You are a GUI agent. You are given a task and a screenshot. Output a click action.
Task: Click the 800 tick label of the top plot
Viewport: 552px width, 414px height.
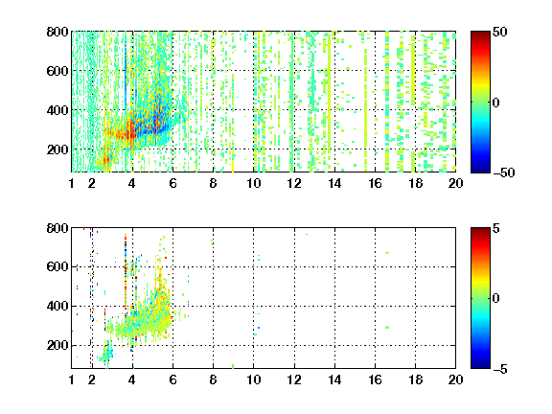point(57,32)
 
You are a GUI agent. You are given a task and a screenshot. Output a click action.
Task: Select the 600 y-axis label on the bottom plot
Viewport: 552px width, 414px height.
point(57,266)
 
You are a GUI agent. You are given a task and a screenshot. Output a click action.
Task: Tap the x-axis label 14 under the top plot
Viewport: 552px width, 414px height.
point(334,183)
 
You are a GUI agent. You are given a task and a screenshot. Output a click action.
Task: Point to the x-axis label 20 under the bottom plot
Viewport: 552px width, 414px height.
point(455,379)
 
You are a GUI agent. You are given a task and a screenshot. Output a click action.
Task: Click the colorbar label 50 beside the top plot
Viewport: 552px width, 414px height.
point(499,32)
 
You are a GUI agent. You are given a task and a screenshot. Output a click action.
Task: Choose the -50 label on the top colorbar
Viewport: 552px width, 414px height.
point(503,172)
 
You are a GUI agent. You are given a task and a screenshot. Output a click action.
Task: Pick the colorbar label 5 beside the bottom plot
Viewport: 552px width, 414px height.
point(496,228)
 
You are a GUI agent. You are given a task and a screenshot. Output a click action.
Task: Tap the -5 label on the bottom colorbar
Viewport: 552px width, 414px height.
point(500,369)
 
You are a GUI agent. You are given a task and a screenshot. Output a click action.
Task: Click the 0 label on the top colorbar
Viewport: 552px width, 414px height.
point(496,103)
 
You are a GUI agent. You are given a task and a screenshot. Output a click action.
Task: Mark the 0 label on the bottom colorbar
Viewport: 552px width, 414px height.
point(496,299)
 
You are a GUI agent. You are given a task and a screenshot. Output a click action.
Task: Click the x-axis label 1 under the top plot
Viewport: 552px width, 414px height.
point(72,183)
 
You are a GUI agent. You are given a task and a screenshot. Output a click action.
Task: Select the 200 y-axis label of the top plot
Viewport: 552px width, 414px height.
point(57,149)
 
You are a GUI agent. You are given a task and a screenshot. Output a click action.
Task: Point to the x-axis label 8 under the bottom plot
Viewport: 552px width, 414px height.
point(213,379)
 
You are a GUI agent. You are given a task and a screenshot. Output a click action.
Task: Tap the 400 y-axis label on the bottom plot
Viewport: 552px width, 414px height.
point(57,306)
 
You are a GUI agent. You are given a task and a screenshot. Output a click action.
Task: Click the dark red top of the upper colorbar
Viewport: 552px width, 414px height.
point(480,34)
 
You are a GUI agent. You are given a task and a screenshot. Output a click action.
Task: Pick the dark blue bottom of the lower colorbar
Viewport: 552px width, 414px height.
point(480,366)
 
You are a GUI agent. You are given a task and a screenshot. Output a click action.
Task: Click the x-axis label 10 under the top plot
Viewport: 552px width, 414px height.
point(253,183)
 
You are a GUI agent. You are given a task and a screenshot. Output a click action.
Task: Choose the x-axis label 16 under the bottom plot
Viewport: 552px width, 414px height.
point(375,379)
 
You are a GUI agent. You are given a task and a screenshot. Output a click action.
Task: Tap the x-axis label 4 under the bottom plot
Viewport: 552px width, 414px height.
point(132,379)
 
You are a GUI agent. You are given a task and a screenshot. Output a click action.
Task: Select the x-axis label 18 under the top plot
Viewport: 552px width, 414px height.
point(415,183)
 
